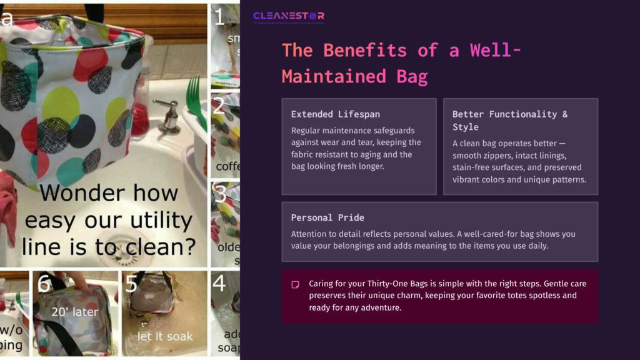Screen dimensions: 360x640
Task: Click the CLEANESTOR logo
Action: tap(289, 16)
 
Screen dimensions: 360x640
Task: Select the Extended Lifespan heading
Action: tap(335, 114)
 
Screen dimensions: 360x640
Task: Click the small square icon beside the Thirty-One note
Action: tap(295, 284)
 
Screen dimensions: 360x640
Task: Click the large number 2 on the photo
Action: tap(218, 105)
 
